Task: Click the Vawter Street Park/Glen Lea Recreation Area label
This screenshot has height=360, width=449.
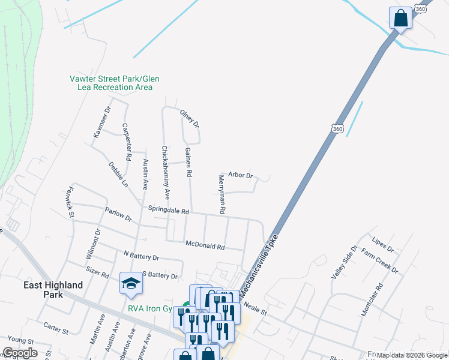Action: [x=114, y=83]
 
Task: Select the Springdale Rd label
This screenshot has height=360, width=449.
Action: [x=169, y=211]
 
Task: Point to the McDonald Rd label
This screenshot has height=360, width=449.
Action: [x=205, y=246]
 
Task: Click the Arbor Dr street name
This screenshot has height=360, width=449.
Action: [x=240, y=175]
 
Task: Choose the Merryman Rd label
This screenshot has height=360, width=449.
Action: [x=221, y=194]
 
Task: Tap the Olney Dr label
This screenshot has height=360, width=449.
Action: [x=189, y=118]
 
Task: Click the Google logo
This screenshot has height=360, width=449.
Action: [x=20, y=353]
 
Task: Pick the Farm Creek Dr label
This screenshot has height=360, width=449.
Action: [x=380, y=260]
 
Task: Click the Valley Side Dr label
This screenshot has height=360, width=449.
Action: [x=344, y=262]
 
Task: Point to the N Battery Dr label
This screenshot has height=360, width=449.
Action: [x=141, y=256]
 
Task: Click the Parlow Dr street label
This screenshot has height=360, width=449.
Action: [x=118, y=214]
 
